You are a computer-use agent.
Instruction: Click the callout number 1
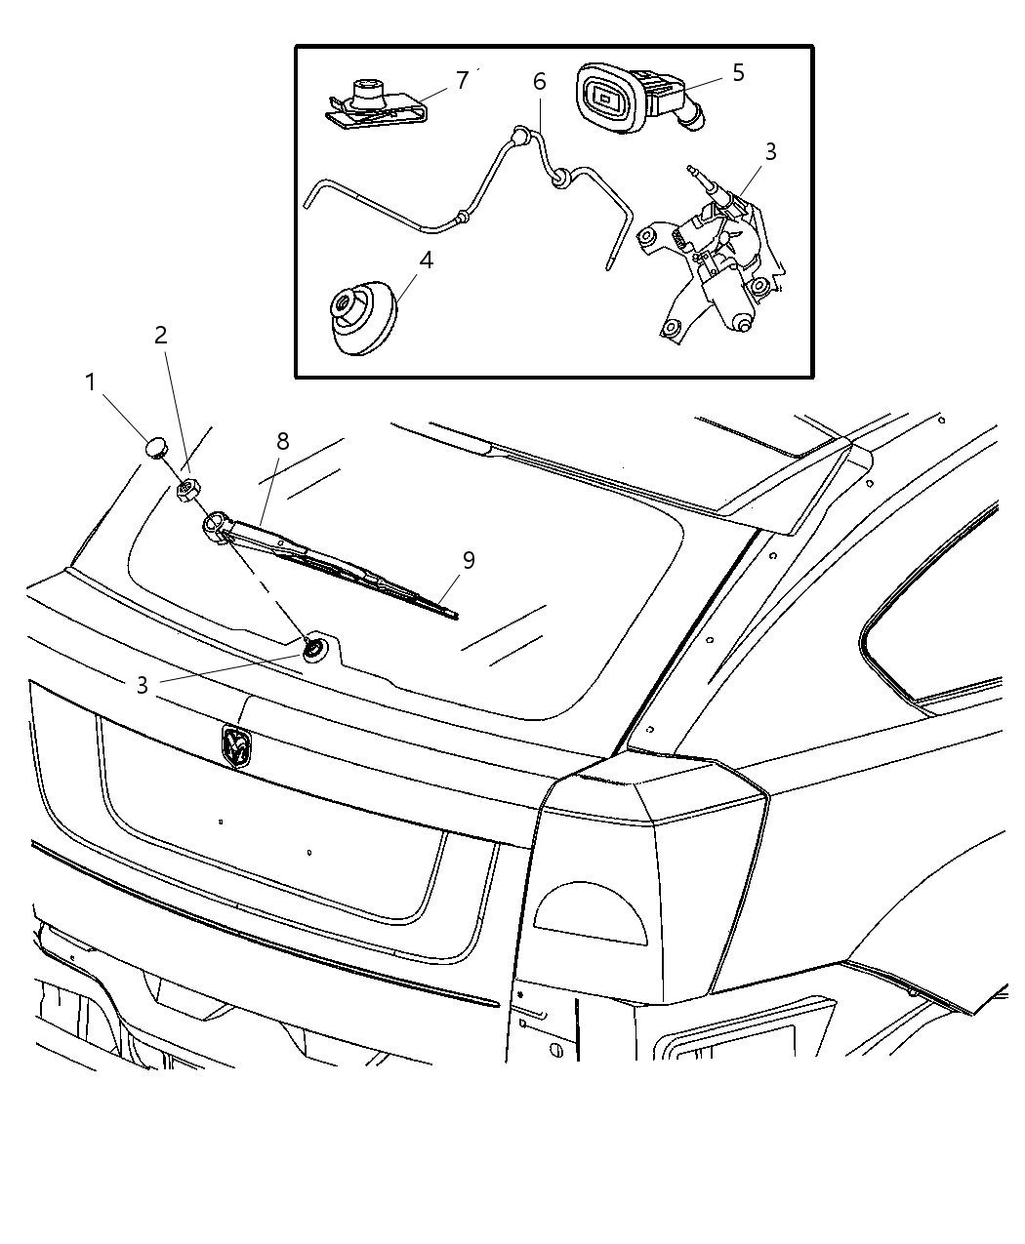click(91, 381)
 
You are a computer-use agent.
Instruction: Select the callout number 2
click(161, 336)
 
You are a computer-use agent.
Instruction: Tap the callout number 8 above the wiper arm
click(282, 441)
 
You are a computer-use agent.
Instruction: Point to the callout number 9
click(470, 560)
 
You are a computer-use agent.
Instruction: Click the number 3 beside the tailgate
click(143, 686)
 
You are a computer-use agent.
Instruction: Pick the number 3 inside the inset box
click(771, 151)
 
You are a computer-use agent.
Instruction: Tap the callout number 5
click(738, 72)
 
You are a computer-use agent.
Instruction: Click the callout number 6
click(540, 82)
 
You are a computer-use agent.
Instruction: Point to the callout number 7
click(462, 79)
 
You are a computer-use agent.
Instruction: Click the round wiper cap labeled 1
click(156, 448)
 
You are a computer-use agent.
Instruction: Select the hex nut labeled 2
click(188, 488)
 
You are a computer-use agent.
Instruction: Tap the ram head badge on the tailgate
click(236, 746)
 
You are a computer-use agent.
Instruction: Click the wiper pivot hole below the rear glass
click(315, 648)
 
